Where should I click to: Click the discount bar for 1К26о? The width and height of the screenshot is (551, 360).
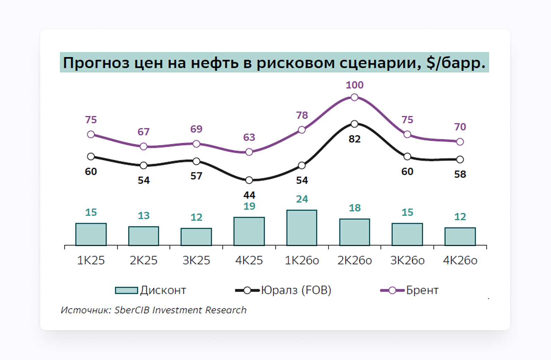tap(302, 228)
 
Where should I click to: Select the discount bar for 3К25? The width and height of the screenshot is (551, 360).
tap(196, 237)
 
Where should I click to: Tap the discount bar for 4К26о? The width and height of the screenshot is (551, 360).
tap(460, 236)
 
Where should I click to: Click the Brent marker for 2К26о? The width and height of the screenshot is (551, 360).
tap(354, 98)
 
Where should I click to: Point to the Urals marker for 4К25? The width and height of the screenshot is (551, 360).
tap(249, 180)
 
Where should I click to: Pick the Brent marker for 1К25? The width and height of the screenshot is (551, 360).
tap(91, 134)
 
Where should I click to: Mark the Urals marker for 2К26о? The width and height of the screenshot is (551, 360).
tap(354, 124)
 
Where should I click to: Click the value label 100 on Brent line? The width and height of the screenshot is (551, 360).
tap(354, 85)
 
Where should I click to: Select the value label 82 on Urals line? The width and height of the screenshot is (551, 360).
tap(354, 139)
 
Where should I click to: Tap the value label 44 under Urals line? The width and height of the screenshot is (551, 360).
tap(249, 195)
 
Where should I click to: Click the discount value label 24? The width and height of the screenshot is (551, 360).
tap(302, 199)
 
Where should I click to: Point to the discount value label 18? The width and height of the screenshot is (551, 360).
tap(355, 208)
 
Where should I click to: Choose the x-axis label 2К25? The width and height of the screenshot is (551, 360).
tap(144, 260)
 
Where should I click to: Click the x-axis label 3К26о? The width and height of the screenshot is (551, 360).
tap(407, 260)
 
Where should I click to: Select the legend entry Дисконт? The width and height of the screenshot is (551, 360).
tap(163, 290)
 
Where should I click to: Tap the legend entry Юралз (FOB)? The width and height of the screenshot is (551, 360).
tap(296, 290)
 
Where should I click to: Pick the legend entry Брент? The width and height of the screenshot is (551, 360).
tap(422, 290)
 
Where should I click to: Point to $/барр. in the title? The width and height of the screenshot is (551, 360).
tap(456, 63)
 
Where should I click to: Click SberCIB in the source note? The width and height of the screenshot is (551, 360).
tap(132, 310)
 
